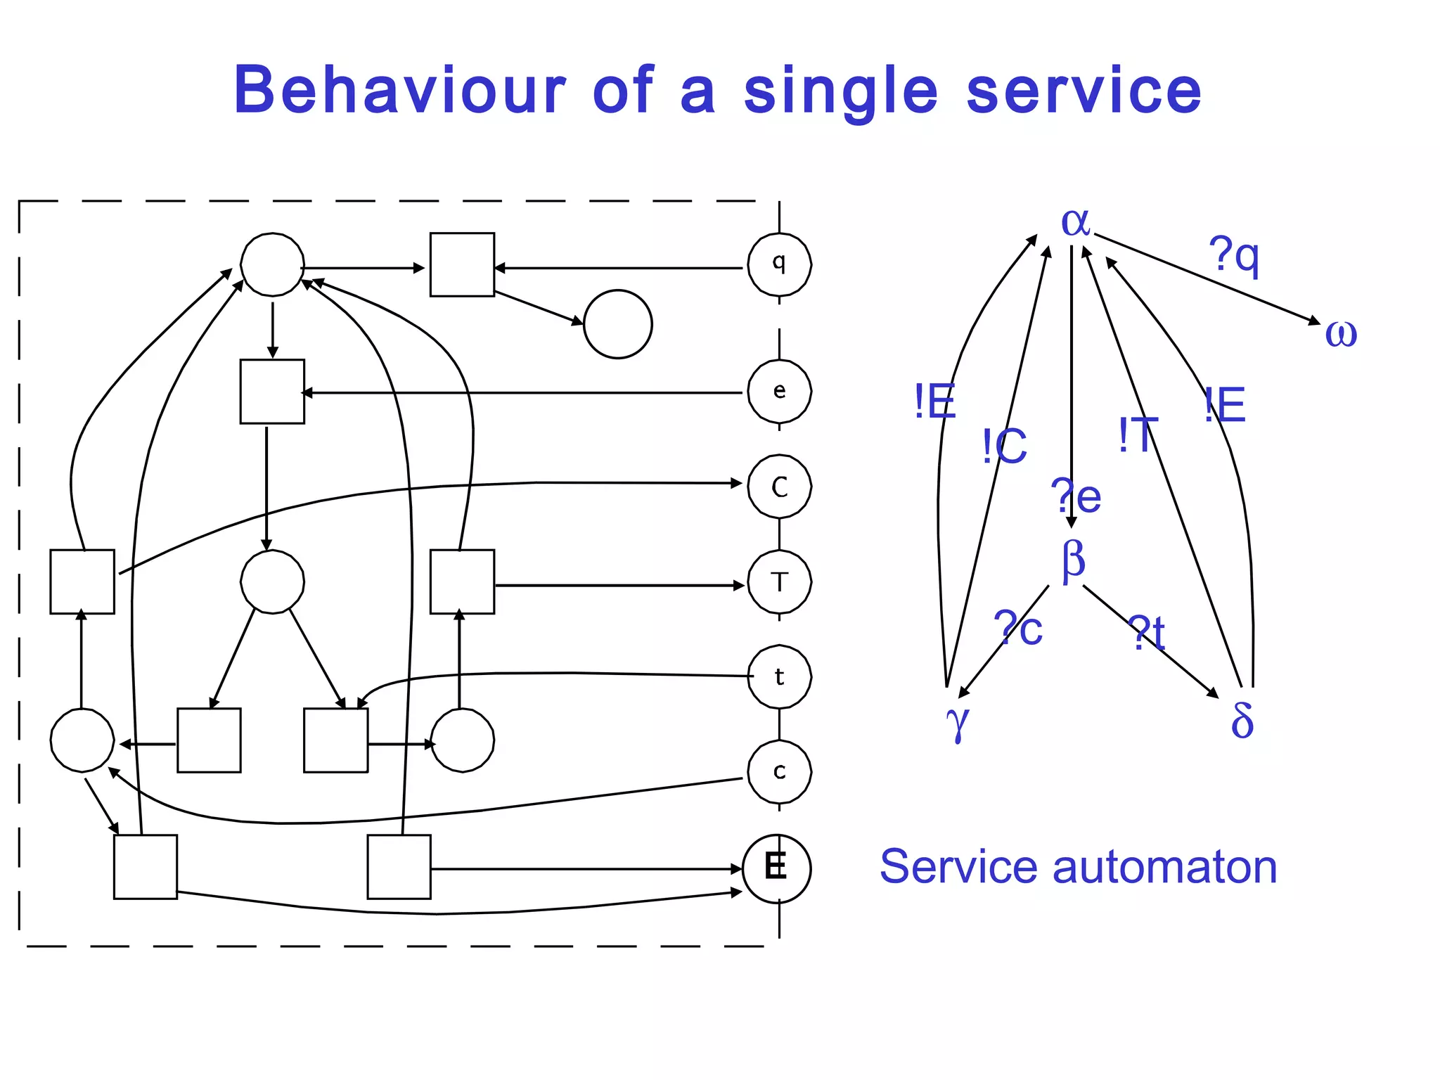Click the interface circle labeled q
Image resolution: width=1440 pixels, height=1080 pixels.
(779, 265)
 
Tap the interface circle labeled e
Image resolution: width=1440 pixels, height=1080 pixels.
(779, 392)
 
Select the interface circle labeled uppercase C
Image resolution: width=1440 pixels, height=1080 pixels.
(779, 487)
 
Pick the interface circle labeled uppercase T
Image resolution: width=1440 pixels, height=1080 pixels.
(779, 582)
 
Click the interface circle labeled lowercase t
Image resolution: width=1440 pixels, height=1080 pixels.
(779, 677)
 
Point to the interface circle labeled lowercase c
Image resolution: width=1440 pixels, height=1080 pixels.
(779, 772)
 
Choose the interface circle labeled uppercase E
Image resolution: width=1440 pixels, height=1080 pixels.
(776, 868)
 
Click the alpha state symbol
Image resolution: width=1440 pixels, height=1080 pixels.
(1075, 223)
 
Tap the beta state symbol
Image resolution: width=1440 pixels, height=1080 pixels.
(1074, 560)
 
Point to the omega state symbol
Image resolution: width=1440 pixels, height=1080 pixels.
(1341, 333)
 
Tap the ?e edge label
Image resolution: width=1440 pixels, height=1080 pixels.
(1076, 496)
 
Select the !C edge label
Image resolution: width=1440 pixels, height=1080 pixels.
(1005, 446)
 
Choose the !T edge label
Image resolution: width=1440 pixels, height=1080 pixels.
(1138, 435)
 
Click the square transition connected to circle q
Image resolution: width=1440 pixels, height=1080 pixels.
(462, 265)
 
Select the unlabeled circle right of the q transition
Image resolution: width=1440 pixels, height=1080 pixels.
(617, 324)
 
